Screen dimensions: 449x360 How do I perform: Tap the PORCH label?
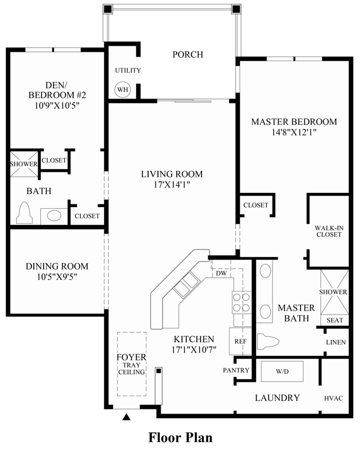point(188,55)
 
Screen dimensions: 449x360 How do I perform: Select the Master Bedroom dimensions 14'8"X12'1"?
point(293,132)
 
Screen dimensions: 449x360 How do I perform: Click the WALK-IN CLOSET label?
point(329,231)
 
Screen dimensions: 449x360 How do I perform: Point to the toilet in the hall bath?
point(24,213)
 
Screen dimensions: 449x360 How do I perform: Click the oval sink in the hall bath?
point(54,215)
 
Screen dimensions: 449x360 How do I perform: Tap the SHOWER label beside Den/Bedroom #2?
point(24,164)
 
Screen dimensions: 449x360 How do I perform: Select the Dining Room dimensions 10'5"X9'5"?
point(57,277)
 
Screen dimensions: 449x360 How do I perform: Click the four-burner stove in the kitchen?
point(241,302)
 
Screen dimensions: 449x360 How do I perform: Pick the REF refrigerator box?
point(241,341)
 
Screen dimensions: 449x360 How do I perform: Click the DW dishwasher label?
point(222,273)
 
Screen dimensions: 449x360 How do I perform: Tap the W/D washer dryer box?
point(282,372)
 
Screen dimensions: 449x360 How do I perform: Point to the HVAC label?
point(334,398)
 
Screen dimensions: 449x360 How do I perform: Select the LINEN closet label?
point(336,342)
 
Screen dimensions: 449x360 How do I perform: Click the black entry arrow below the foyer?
point(127,417)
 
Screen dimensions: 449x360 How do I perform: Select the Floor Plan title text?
point(180,437)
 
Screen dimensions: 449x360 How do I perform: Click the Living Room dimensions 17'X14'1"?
point(172,185)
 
